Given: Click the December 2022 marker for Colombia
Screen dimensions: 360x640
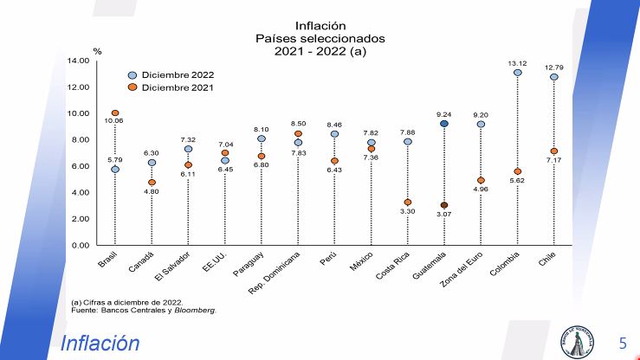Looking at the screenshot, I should [x=517, y=73].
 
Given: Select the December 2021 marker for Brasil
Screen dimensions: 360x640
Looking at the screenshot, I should [x=115, y=113].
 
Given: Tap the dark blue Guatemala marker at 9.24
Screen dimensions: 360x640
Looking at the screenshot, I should [x=444, y=124].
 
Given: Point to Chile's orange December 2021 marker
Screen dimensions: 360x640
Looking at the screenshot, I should [x=553, y=151].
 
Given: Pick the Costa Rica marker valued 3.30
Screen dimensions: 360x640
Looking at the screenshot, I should [x=408, y=202].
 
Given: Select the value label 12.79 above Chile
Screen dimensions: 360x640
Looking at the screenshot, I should [x=553, y=67].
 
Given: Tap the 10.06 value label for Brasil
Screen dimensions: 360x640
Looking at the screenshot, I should [x=113, y=121].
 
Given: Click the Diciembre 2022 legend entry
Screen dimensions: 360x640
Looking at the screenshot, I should [x=171, y=75].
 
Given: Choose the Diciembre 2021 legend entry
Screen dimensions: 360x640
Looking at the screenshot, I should [x=171, y=87].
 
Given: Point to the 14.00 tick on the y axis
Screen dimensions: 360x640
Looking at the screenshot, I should [x=78, y=61].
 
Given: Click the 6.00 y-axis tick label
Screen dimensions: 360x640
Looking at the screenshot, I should [x=80, y=166].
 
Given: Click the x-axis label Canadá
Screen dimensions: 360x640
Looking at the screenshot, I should [x=141, y=262].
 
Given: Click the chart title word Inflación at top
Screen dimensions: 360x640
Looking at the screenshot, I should [x=320, y=26].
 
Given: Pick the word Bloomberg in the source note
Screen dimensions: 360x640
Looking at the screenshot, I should [x=196, y=309].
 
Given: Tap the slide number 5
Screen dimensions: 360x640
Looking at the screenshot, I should [x=622, y=343].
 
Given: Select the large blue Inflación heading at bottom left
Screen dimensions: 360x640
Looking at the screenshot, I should [x=100, y=344].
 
